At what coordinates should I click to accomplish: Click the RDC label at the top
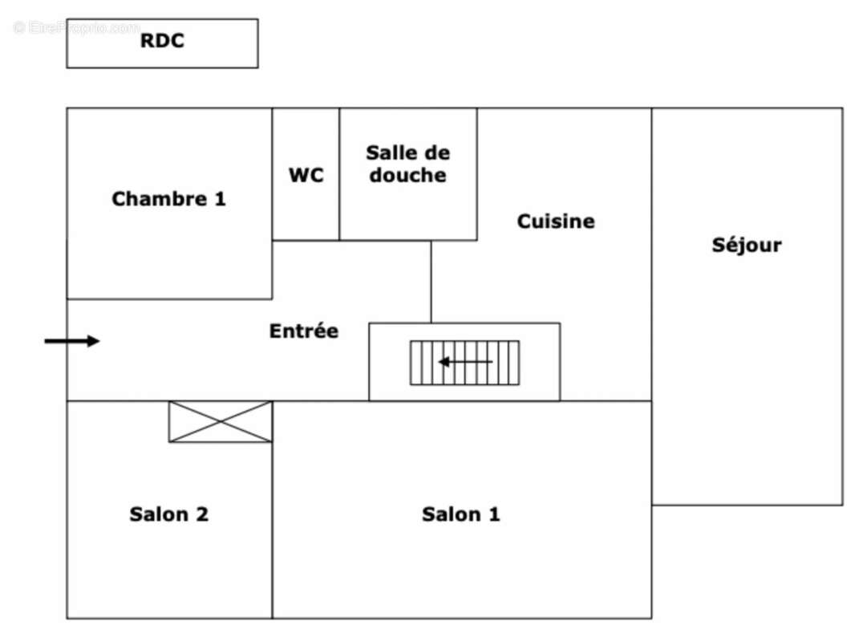tap(162, 41)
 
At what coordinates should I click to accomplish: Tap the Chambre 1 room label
tap(168, 199)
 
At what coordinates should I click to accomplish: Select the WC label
tap(306, 175)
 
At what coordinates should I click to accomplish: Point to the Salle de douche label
tap(407, 164)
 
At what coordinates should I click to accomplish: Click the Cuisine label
tap(556, 221)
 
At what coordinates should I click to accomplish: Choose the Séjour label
tap(747, 246)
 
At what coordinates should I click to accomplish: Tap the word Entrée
tap(304, 331)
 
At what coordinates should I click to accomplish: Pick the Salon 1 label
tap(461, 514)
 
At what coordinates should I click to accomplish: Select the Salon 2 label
tap(168, 514)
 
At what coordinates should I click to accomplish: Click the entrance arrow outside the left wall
tap(71, 341)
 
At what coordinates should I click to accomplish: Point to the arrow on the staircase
tap(465, 362)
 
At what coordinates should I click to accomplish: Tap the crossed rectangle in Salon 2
tap(221, 421)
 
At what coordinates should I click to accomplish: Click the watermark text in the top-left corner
tap(77, 28)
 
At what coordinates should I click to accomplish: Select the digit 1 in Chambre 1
tap(220, 199)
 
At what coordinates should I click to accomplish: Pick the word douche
tap(407, 175)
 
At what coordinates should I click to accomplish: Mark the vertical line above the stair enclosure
tap(431, 281)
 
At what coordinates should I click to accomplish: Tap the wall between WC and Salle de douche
tap(339, 174)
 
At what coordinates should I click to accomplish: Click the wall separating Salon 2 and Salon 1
tap(273, 530)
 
